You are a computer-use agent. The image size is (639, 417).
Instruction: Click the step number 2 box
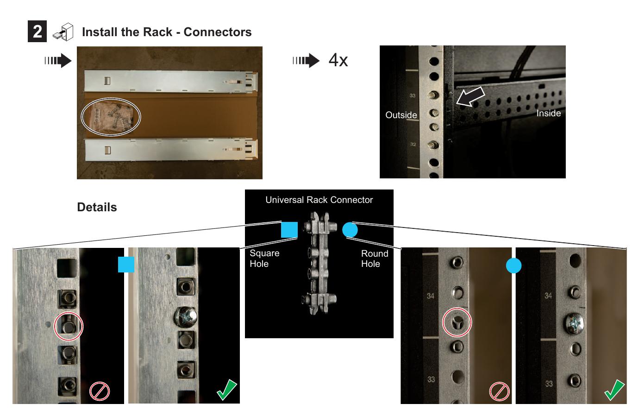click(x=37, y=32)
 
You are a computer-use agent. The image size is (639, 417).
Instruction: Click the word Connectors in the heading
click(x=217, y=32)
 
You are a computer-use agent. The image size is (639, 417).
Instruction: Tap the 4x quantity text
click(x=338, y=60)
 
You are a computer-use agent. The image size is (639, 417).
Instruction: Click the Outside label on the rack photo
click(x=401, y=115)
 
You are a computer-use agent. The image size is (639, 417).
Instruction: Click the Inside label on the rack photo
click(x=548, y=114)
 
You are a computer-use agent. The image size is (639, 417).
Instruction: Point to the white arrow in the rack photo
click(x=470, y=96)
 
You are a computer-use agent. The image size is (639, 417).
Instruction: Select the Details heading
click(x=97, y=207)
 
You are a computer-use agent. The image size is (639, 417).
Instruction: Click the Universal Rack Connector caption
click(x=319, y=200)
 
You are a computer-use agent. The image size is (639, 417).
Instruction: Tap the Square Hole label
click(x=264, y=259)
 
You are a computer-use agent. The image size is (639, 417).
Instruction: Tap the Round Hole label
click(x=374, y=259)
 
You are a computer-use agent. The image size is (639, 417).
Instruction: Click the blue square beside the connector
click(x=289, y=230)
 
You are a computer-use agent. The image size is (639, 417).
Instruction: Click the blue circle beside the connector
click(x=350, y=230)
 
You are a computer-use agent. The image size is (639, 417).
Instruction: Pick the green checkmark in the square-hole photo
click(x=226, y=390)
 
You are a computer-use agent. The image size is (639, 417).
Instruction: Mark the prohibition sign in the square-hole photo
click(x=100, y=392)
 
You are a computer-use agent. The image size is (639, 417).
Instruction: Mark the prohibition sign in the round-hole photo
click(x=499, y=392)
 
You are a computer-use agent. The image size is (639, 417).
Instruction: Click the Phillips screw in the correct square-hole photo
click(x=186, y=317)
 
